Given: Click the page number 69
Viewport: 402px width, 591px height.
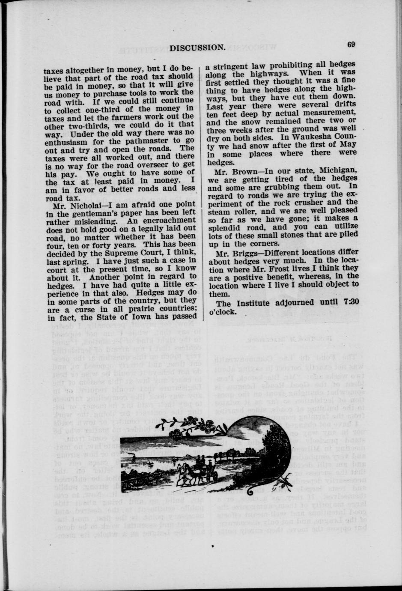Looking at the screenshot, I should (351, 45).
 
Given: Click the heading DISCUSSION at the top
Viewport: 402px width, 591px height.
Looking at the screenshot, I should (197, 48).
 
